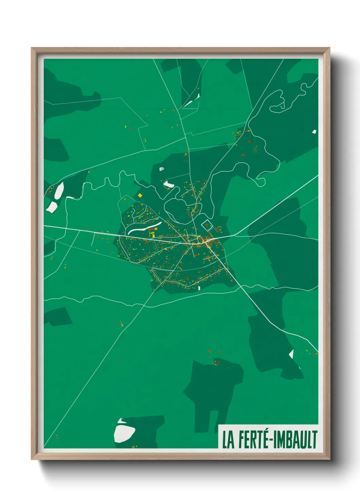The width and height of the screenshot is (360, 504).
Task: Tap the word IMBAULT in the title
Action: (296, 440)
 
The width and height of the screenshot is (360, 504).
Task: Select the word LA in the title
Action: (228, 440)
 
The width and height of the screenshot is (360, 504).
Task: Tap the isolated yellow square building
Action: (140, 195)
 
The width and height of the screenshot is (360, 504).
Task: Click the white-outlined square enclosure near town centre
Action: (207, 226)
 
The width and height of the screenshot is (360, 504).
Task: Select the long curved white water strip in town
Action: (145, 227)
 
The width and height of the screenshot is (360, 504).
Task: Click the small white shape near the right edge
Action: (314, 131)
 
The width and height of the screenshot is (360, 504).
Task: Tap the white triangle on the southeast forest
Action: (291, 354)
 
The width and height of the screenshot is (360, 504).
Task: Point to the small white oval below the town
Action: (199, 288)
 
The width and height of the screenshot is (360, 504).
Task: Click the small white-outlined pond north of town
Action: (161, 169)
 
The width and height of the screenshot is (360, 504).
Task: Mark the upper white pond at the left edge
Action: (60, 191)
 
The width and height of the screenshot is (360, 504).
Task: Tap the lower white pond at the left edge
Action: (52, 207)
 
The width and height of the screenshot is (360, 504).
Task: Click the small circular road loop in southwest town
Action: (152, 270)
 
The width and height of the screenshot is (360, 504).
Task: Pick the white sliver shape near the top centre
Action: (191, 101)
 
